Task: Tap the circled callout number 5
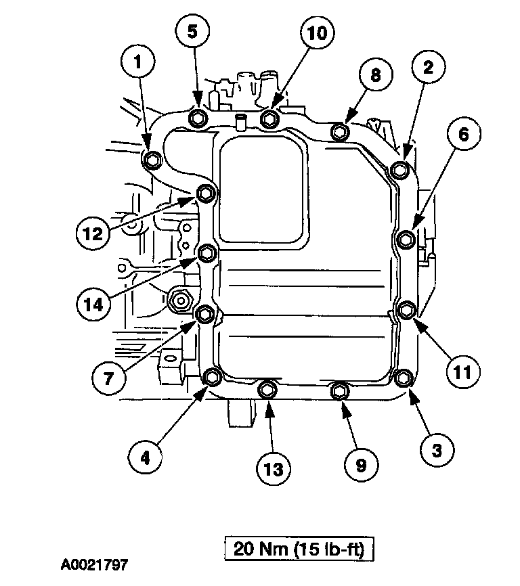click(x=193, y=31)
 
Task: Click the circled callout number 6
click(x=462, y=134)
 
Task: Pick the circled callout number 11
click(x=462, y=371)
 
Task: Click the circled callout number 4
click(x=146, y=457)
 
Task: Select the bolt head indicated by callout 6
click(x=406, y=238)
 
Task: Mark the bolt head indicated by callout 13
click(x=267, y=390)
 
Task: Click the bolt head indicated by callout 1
click(x=152, y=160)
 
